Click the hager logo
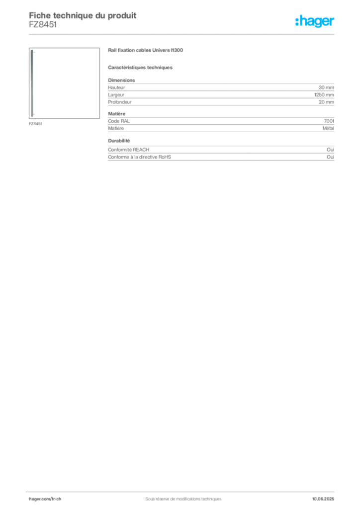[x=315, y=21]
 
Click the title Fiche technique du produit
[x=83, y=15]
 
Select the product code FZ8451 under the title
[x=43, y=25]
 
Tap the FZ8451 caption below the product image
[x=35, y=124]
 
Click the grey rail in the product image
[x=32, y=83]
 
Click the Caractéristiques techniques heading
[x=140, y=68]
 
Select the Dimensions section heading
[x=121, y=80]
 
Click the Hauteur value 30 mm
[x=326, y=87]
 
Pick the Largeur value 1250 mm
[x=324, y=95]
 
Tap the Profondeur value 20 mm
[x=326, y=102]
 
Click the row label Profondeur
[x=120, y=102]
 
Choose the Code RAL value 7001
[x=329, y=121]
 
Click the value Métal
[x=328, y=128]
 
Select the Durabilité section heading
[x=119, y=141]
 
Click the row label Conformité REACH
[x=129, y=150]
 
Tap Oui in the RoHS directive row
[x=330, y=157]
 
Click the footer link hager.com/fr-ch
[x=45, y=499]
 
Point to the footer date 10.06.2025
[x=323, y=499]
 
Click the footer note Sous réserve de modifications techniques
[x=183, y=499]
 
